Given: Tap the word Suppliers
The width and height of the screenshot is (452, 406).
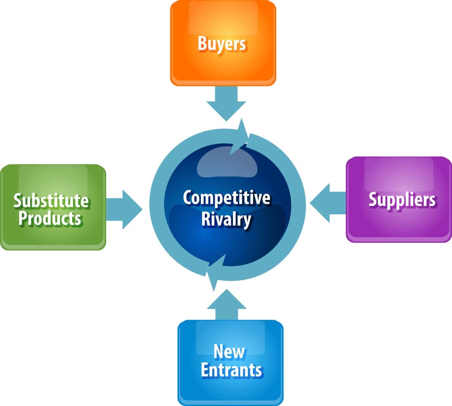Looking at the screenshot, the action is (x=402, y=200).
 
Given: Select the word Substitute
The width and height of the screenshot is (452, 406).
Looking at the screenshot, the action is (x=51, y=201).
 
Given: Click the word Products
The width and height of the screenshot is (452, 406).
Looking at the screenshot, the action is (x=50, y=219).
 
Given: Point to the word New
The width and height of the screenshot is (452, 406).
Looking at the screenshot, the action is (x=229, y=352).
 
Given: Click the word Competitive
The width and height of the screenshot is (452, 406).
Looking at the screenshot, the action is (x=226, y=198).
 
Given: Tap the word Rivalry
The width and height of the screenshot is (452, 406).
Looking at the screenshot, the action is (x=226, y=220).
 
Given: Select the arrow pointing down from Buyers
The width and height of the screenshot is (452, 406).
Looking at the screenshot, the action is (x=226, y=103).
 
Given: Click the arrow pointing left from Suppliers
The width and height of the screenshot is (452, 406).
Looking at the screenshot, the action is (x=328, y=203).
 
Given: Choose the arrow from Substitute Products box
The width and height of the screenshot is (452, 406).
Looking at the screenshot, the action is (x=124, y=209).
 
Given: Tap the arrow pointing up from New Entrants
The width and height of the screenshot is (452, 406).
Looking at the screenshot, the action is (x=227, y=305).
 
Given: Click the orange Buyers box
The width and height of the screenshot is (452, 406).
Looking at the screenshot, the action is (x=223, y=43).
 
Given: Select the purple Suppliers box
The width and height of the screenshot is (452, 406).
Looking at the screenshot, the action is (x=399, y=200).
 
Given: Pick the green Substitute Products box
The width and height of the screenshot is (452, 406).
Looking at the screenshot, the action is (x=53, y=207).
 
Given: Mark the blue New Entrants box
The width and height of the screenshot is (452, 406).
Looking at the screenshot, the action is (x=231, y=363).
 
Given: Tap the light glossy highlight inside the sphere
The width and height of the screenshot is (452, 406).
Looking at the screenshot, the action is (x=227, y=162).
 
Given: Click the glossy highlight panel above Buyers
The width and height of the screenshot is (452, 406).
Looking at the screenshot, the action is (x=223, y=18).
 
